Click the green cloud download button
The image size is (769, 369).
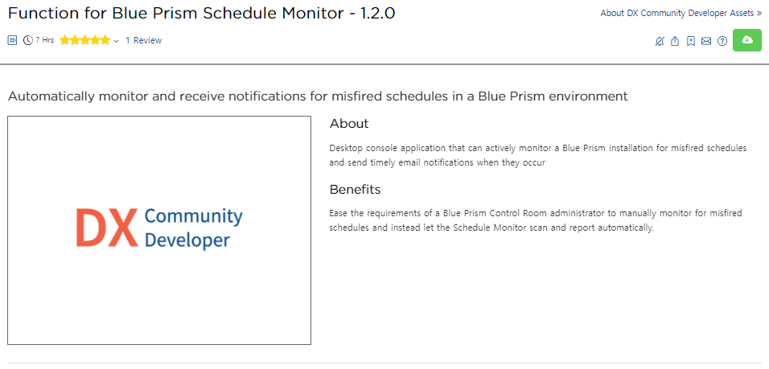[x=747, y=40]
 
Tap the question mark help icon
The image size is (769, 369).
[x=722, y=41]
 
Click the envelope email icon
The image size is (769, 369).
[x=706, y=41]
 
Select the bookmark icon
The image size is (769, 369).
[x=690, y=41]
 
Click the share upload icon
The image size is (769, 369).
[x=675, y=41]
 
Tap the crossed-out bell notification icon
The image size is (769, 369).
[x=660, y=41]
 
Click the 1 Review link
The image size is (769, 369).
[x=144, y=41]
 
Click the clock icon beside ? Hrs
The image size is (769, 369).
[x=28, y=41]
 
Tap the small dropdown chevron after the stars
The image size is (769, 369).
[x=116, y=41]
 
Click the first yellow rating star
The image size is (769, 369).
[x=64, y=41]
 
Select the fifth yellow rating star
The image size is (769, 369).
[x=105, y=41]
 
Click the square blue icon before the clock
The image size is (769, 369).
[x=12, y=41]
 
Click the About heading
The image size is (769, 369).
[x=349, y=124]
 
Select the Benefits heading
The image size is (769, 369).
[x=355, y=189]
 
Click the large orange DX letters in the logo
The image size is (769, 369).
[x=107, y=228]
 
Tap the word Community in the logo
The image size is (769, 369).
[x=194, y=216]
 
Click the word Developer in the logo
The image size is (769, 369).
[x=188, y=240]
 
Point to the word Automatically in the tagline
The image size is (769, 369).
[x=52, y=96]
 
